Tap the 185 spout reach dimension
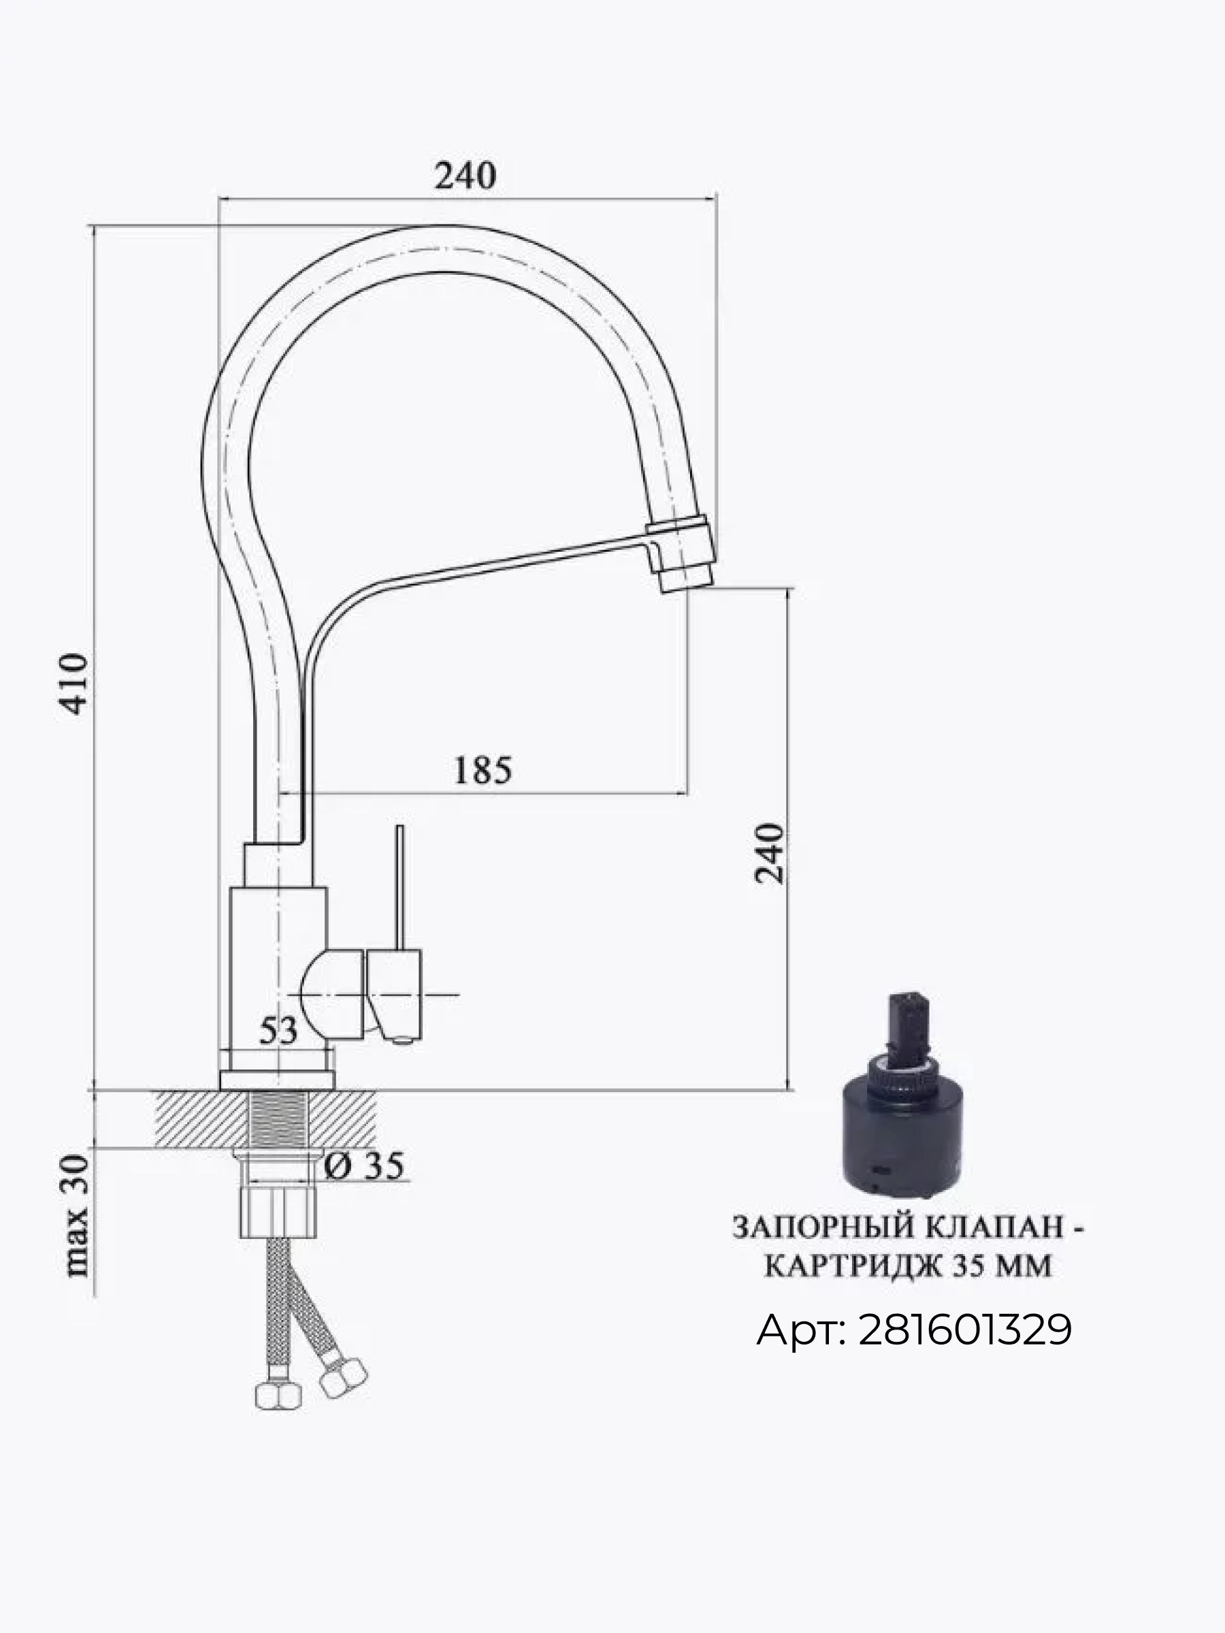(x=482, y=770)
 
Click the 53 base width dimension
(x=278, y=1031)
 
